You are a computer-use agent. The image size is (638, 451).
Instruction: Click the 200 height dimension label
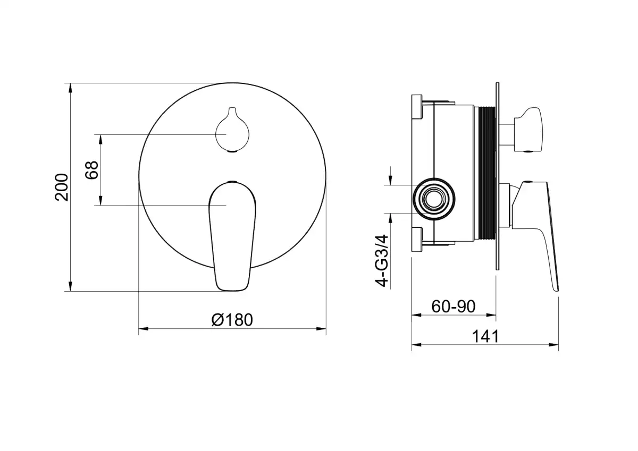62,187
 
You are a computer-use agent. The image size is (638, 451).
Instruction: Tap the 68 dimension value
91,170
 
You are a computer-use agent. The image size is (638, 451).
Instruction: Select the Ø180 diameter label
232,320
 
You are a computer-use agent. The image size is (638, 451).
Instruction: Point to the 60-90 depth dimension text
454,307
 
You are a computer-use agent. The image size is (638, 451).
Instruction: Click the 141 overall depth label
485,336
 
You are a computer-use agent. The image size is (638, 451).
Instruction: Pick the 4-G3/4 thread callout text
382,261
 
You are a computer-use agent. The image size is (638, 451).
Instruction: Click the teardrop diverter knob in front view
232,130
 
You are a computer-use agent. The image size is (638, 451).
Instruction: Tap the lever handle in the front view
232,237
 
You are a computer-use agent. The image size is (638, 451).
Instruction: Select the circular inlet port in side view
434,199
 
